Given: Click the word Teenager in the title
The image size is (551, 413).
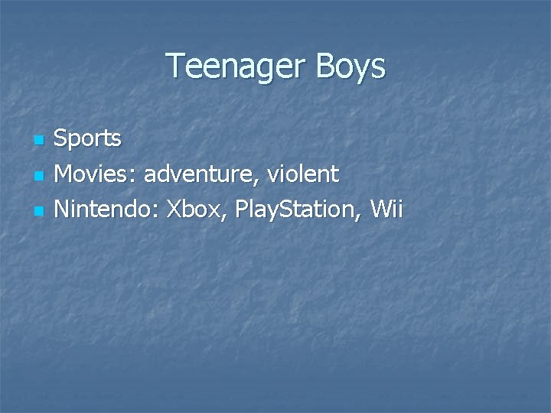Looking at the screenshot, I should pyautogui.click(x=235, y=67).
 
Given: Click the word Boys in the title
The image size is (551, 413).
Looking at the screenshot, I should pyautogui.click(x=350, y=67).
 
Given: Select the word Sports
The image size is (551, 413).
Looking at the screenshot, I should pyautogui.click(x=88, y=139).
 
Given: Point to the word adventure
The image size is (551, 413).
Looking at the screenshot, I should pyautogui.click(x=204, y=175).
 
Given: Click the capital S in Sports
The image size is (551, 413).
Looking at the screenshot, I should pyautogui.click(x=63, y=139).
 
